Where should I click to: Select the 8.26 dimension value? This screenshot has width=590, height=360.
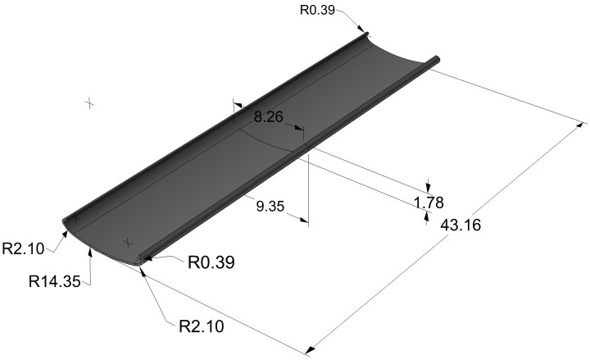(x=268, y=118)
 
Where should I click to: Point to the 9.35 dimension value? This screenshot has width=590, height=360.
(x=270, y=207)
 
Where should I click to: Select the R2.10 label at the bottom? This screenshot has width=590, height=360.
(x=201, y=326)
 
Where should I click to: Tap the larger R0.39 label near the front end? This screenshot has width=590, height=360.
(x=214, y=262)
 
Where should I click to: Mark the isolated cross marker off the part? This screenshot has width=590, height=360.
(x=89, y=103)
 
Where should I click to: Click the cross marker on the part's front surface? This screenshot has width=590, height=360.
(x=127, y=243)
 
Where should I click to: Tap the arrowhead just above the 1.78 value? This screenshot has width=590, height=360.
(x=428, y=186)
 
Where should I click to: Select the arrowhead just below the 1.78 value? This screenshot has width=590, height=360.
(x=427, y=216)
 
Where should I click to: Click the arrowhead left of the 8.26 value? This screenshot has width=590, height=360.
(x=238, y=105)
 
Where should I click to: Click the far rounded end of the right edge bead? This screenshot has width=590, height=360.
(x=438, y=59)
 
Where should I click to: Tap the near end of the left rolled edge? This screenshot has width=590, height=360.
(x=69, y=220)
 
